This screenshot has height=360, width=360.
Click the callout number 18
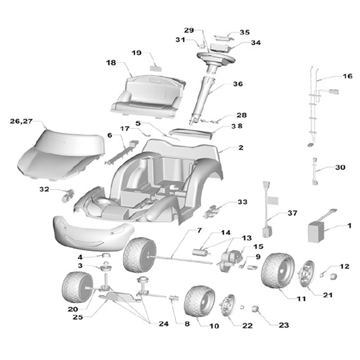pos(111,63)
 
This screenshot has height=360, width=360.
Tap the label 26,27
pos(21,121)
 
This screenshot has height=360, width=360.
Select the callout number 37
pos(292,213)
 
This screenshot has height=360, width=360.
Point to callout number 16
pos(347,76)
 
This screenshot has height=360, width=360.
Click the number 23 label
pos(283,325)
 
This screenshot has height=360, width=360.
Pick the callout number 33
pos(243,202)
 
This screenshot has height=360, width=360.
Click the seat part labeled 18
pos(148,96)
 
